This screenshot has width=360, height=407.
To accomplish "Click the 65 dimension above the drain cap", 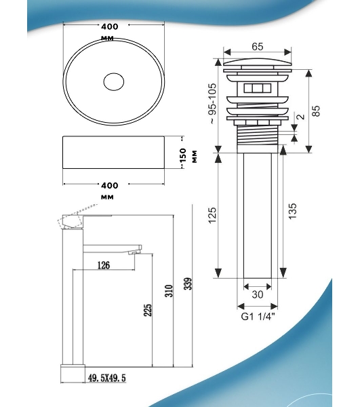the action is (258, 47).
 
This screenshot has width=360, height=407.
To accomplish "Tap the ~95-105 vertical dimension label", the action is (213, 103).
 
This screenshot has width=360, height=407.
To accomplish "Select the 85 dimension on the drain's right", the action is (316, 111).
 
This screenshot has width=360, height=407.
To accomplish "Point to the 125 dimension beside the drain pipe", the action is (212, 215).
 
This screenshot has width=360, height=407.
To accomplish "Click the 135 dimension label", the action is (292, 211).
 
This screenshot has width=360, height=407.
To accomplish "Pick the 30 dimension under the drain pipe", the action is (258, 294).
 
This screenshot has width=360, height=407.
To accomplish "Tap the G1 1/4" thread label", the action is (258, 317).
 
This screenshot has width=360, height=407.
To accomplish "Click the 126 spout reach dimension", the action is (104, 265).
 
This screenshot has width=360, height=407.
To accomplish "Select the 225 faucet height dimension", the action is (148, 310).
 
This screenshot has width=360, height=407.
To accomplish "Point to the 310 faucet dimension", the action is (169, 291).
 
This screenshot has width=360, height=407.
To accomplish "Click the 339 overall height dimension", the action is (188, 284).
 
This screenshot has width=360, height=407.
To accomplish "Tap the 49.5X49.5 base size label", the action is (107, 378).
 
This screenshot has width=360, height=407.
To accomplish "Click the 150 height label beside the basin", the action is (183, 155).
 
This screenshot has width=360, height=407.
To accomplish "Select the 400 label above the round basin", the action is (110, 26).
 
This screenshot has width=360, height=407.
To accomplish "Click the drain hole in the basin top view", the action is (114, 82).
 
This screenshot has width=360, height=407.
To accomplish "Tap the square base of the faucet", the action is (73, 374).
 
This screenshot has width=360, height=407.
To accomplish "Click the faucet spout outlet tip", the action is (135, 252).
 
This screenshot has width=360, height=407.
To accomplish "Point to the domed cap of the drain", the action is (257, 62).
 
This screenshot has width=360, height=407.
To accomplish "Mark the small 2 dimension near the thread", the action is (301, 116).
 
